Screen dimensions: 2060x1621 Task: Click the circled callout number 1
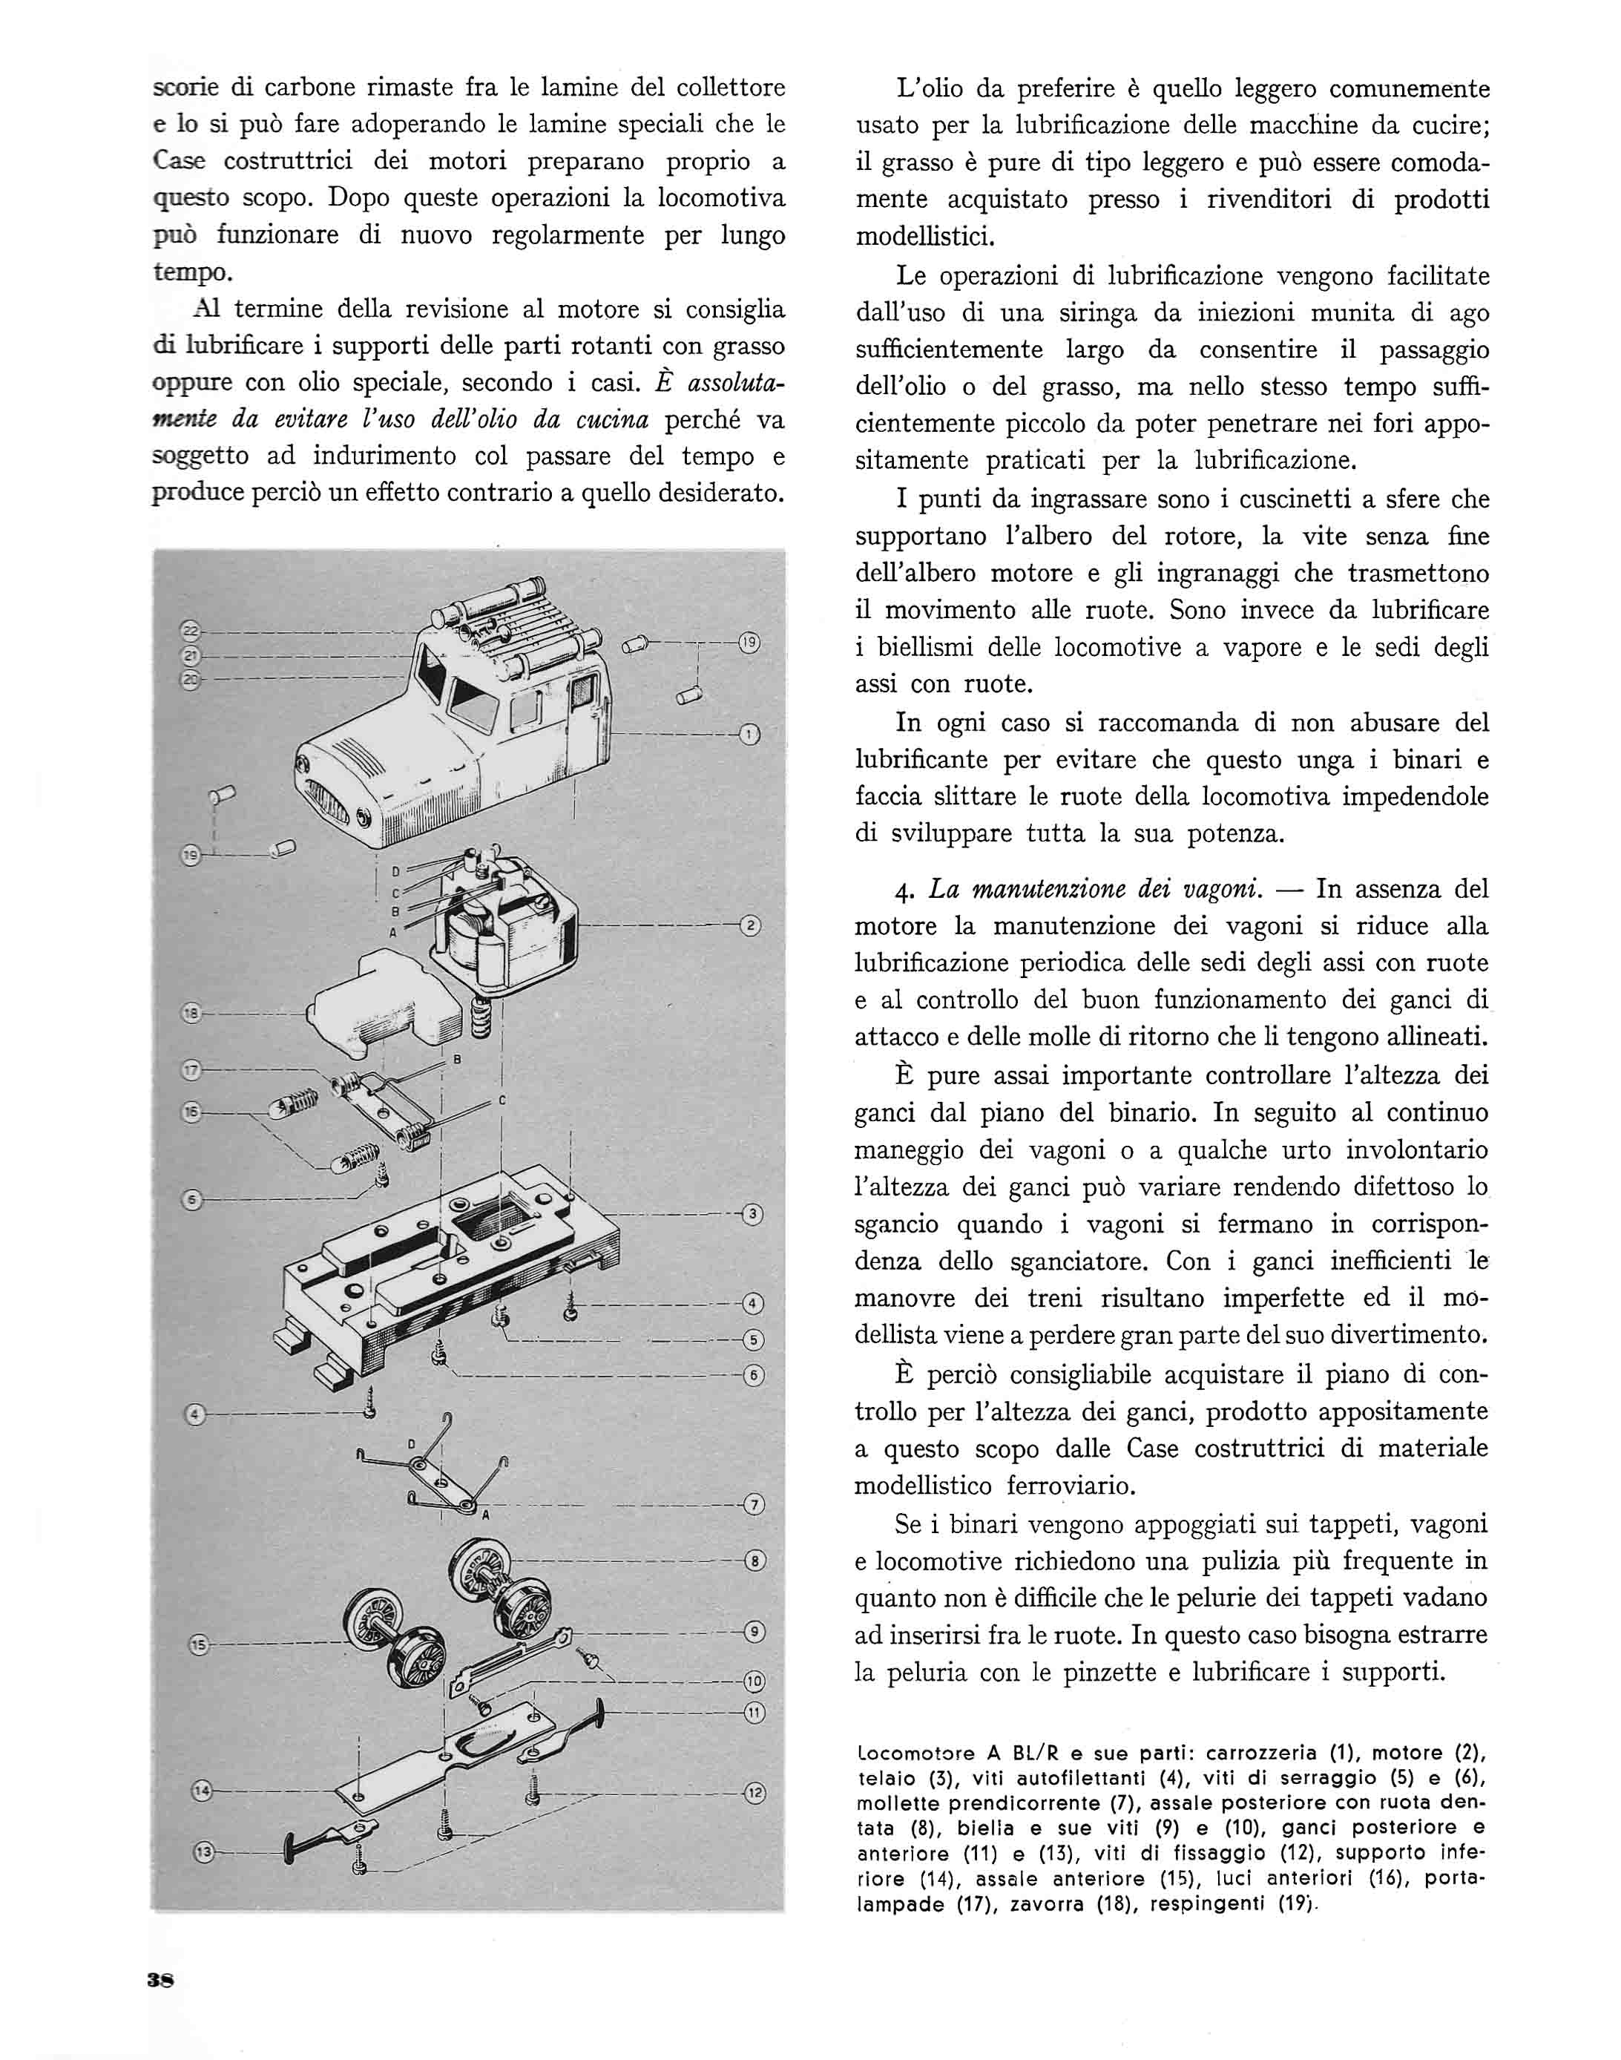click(750, 734)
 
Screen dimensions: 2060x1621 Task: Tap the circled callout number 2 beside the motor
click(750, 925)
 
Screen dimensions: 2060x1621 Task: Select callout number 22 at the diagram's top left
click(190, 630)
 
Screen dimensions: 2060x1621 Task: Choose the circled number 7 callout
click(754, 1505)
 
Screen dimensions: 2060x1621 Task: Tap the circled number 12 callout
click(754, 1794)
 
